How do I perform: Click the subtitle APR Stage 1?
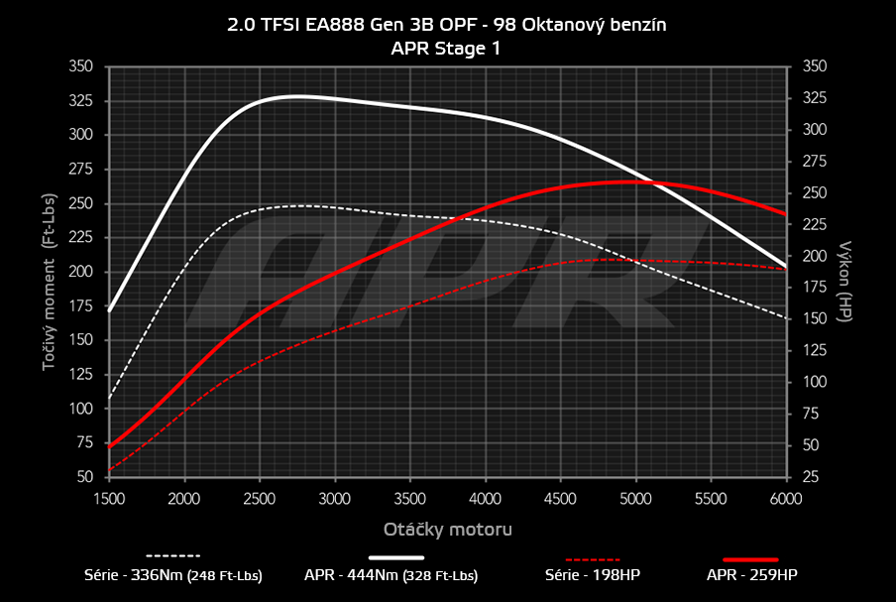click(x=446, y=48)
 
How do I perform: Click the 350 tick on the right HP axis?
click(x=813, y=66)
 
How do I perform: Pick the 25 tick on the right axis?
click(x=809, y=477)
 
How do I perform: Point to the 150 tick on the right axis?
click(x=813, y=319)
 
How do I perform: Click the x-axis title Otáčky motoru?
click(x=447, y=530)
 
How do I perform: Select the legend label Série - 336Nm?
click(x=173, y=574)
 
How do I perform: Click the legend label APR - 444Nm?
click(x=391, y=574)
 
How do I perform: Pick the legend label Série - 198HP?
click(x=594, y=574)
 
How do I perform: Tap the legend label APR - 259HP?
click(x=751, y=574)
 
